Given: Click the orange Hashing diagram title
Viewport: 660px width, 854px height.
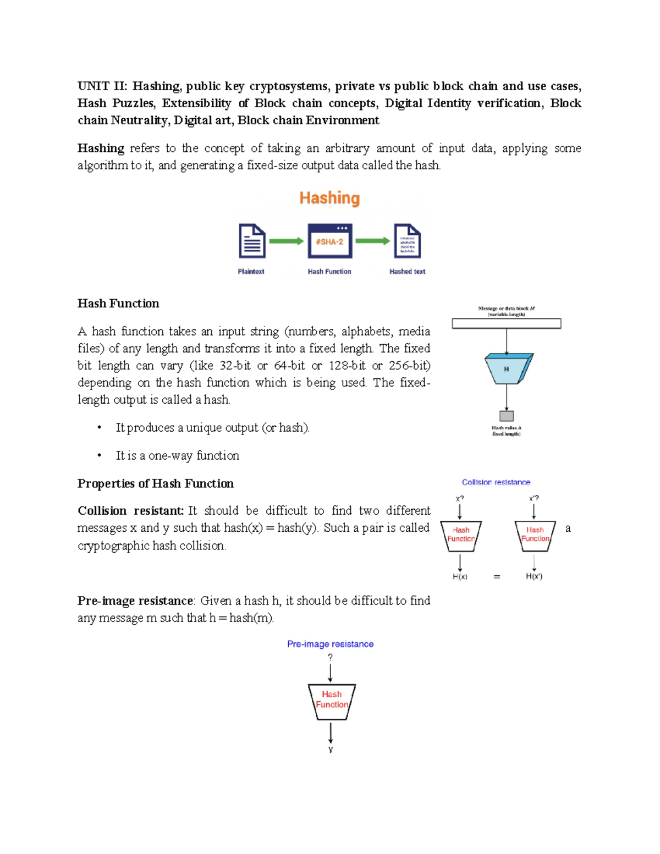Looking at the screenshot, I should [x=329, y=198].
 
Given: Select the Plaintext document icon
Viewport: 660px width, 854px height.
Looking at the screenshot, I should [x=252, y=241].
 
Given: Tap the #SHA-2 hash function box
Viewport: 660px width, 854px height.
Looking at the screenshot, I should [x=329, y=241].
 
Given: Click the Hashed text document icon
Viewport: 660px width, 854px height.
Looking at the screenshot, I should [x=408, y=241].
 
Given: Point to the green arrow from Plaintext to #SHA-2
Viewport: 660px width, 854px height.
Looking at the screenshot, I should [x=287, y=241].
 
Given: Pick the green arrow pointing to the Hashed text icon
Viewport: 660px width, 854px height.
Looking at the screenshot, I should [x=372, y=241].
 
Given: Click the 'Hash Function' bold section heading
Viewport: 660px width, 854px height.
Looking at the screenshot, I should [x=118, y=304].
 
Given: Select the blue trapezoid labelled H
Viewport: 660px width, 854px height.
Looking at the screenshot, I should [x=507, y=369].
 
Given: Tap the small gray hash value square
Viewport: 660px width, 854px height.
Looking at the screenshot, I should [x=507, y=416].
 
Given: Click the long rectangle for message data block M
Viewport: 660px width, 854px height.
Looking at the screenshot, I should [x=506, y=324].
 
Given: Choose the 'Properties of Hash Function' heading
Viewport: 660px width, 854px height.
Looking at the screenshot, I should [x=156, y=483].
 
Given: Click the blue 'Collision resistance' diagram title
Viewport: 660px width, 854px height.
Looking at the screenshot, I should [x=496, y=482].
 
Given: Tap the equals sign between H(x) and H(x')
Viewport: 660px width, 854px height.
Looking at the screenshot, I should [x=497, y=577].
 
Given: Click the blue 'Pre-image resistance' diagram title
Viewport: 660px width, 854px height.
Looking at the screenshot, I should [x=330, y=644].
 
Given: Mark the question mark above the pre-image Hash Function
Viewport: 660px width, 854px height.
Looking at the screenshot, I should [x=330, y=657].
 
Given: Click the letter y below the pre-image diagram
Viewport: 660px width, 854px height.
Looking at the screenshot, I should [x=331, y=749].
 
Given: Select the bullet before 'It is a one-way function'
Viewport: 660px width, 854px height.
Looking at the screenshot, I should [x=100, y=455].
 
